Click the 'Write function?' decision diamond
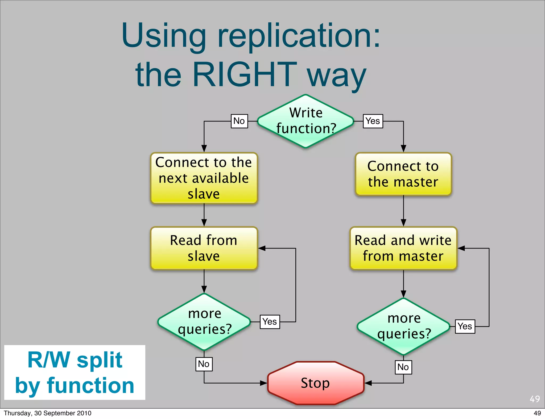click(x=305, y=121)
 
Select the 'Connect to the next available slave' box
click(x=204, y=178)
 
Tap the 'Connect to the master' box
click(x=403, y=174)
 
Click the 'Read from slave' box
click(x=204, y=248)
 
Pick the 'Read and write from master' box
click(x=403, y=248)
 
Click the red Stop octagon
click(x=316, y=383)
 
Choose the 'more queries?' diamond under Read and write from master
click(x=403, y=326)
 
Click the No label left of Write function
click(x=239, y=121)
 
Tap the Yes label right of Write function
click(x=373, y=121)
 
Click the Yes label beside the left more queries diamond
click(x=270, y=322)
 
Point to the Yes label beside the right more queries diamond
click(x=465, y=326)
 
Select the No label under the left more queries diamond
click(x=204, y=364)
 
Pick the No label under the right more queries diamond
click(x=403, y=367)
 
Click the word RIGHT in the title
click(x=244, y=74)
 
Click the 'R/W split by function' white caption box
click(x=75, y=372)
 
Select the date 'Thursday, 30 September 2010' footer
click(x=48, y=413)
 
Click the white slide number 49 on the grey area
click(x=534, y=399)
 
